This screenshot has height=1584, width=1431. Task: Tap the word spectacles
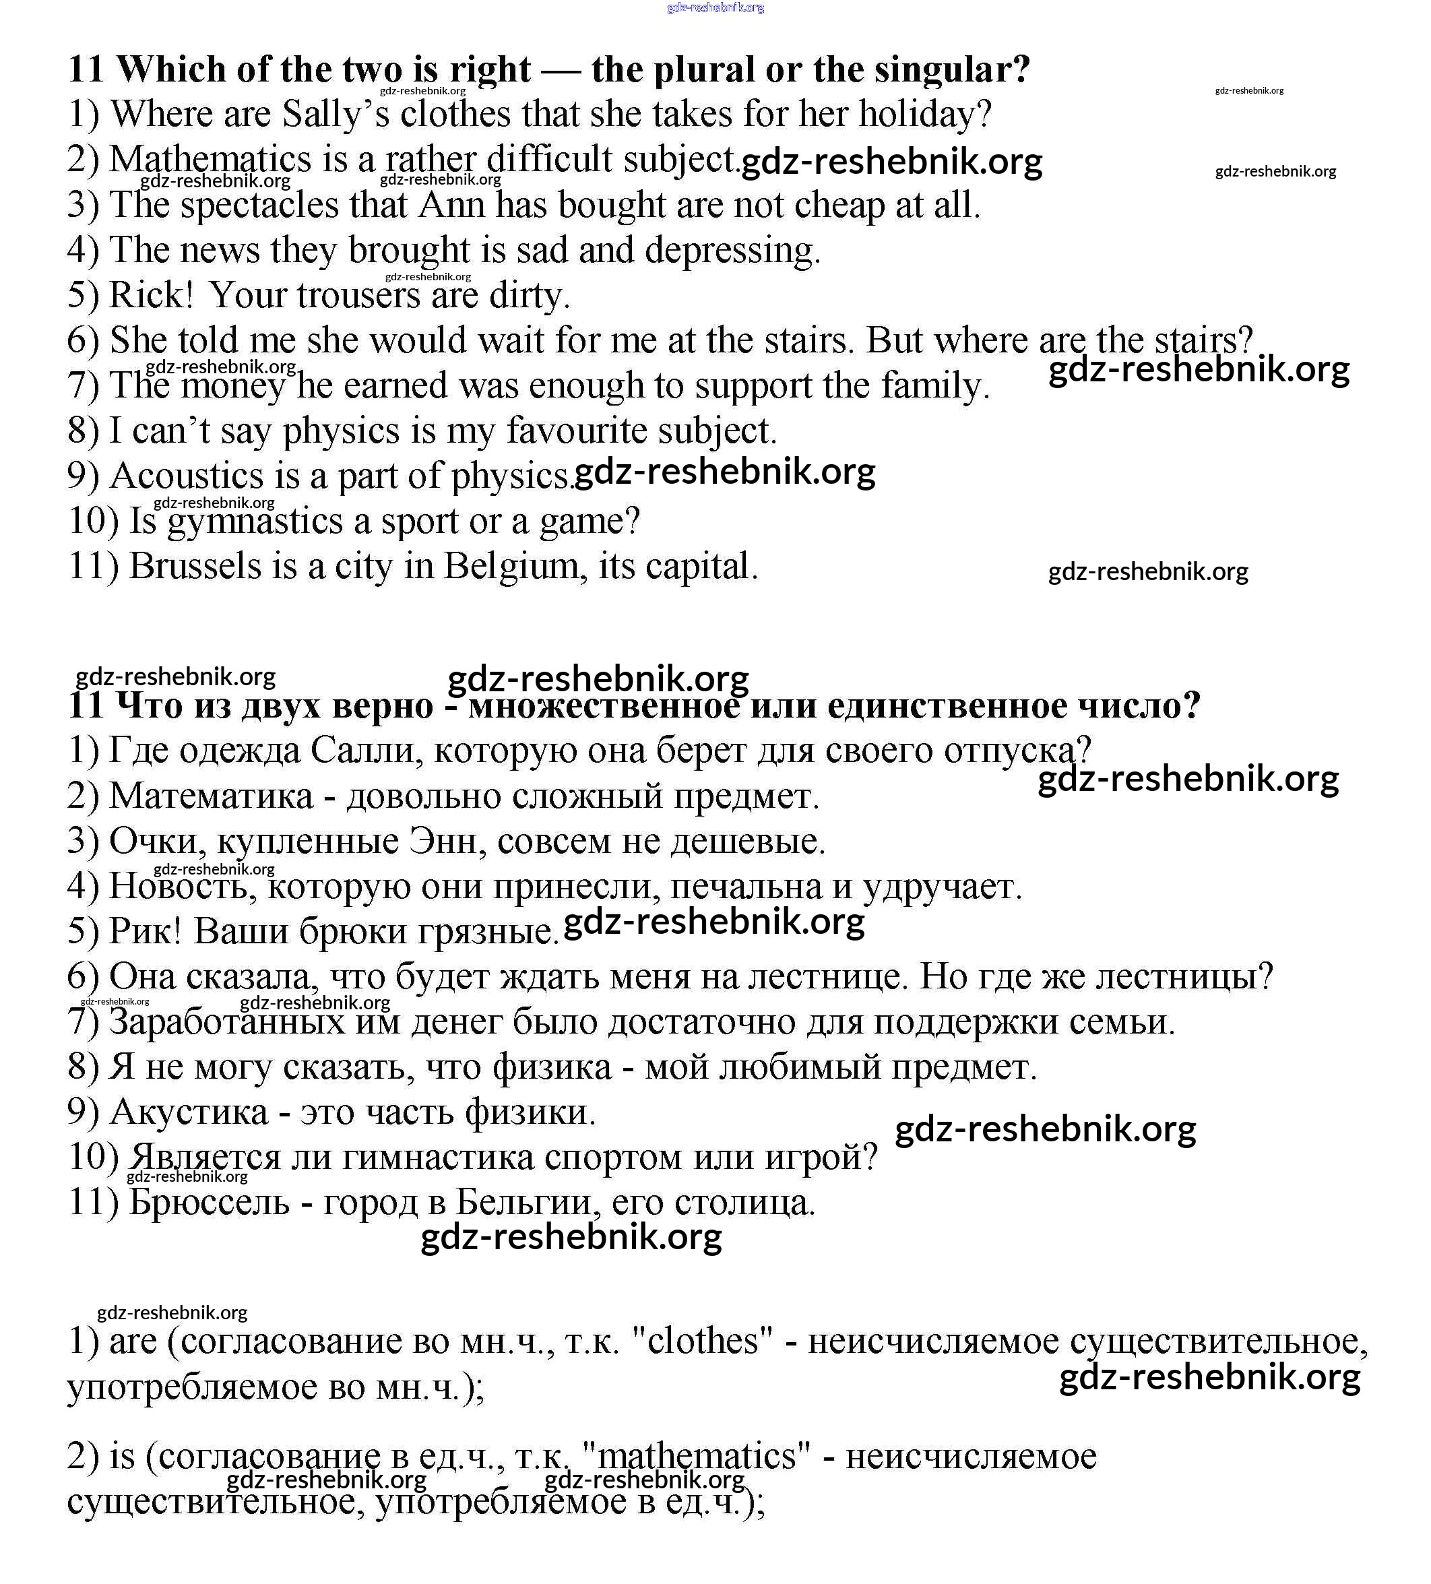point(259,205)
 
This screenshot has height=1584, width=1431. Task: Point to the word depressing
point(732,251)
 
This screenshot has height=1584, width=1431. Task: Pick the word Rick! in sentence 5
point(151,295)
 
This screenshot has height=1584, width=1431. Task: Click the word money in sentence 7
point(232,386)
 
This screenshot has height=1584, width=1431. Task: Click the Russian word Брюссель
point(209,1203)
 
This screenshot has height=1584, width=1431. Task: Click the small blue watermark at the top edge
point(714,8)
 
